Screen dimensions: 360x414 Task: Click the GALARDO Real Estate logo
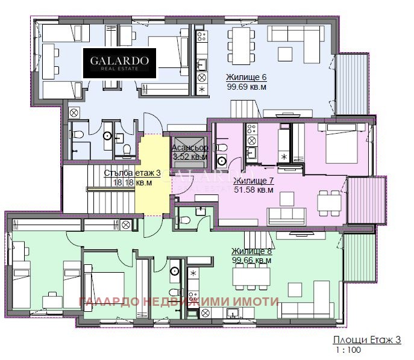click(119, 63)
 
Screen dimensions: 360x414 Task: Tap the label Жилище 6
click(246, 78)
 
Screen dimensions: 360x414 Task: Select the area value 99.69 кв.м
click(246, 87)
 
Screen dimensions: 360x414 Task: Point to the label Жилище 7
click(253, 181)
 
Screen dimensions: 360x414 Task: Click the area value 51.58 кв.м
click(253, 190)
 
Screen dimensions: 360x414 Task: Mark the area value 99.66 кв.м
click(251, 260)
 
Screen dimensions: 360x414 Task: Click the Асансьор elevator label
click(190, 148)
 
